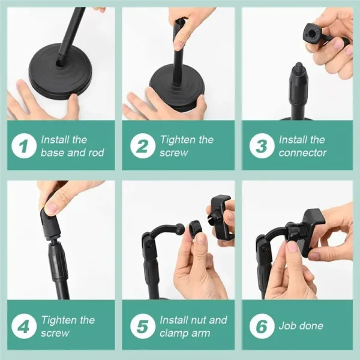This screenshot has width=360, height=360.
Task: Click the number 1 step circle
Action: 23,146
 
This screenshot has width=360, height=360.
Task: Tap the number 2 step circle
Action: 142,146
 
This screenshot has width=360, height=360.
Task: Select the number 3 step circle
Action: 261,146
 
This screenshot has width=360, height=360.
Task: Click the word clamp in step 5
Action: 173,333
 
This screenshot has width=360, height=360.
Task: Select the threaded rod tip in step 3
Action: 298,68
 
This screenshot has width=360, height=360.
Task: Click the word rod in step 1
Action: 95,153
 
